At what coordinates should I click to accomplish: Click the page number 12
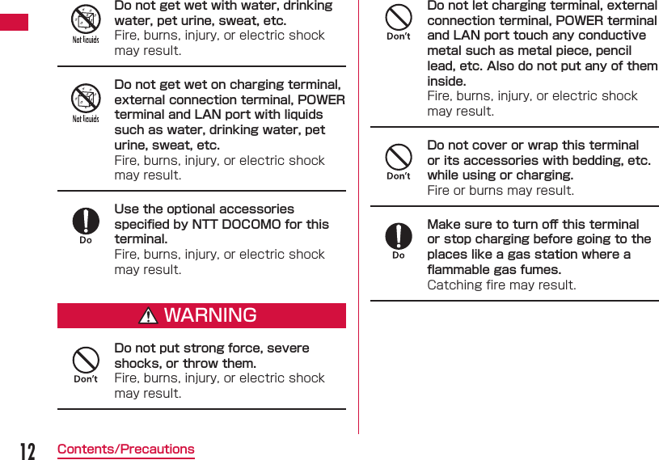[x=27, y=450]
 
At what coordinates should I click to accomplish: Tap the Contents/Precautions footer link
[x=125, y=449]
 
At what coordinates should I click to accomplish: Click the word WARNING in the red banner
[x=210, y=315]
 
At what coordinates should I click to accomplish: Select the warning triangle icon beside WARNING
[x=148, y=316]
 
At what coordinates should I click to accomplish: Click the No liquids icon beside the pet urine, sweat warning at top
[x=86, y=19]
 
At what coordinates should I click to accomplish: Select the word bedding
[x=599, y=160]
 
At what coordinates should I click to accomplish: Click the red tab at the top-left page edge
[x=14, y=22]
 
